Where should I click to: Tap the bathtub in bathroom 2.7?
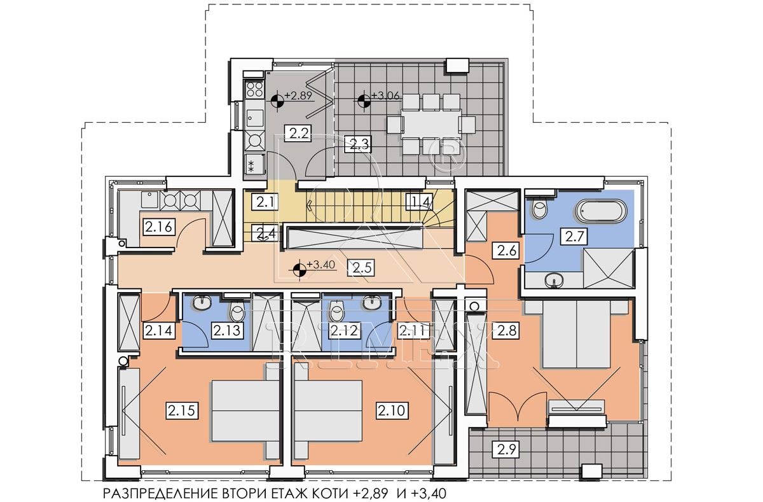(601, 211)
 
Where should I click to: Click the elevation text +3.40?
(321, 265)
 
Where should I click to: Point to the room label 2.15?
(182, 410)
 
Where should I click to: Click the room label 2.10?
(392, 410)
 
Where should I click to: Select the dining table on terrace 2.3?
(430, 124)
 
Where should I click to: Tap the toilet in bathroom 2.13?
(237, 312)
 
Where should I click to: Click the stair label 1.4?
(419, 202)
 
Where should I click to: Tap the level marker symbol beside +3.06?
(364, 100)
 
